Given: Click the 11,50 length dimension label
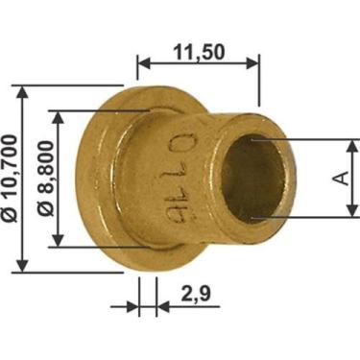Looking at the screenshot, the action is pos(199,52).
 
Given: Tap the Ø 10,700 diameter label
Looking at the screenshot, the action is pos(9,179).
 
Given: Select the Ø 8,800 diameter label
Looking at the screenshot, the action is pos(45,179).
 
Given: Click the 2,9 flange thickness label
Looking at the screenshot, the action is pos(196,294).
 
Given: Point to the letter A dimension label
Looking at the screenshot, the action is pos(343,178).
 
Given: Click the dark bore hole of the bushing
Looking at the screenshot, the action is pos(252,179).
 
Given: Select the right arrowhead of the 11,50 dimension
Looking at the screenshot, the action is pos(252,63).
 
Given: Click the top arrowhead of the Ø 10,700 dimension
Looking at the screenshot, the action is pos(22,92).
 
